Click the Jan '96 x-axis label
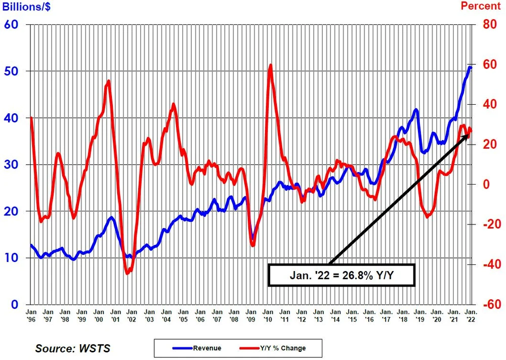[31, 317]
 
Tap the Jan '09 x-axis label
[250, 317]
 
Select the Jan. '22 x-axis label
[470, 317]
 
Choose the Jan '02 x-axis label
[132, 317]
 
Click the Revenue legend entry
[197, 348]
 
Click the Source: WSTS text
[72, 348]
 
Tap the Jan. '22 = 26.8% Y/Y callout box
[341, 275]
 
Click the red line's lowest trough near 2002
[128, 273]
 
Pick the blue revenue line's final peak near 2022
[470, 67]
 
